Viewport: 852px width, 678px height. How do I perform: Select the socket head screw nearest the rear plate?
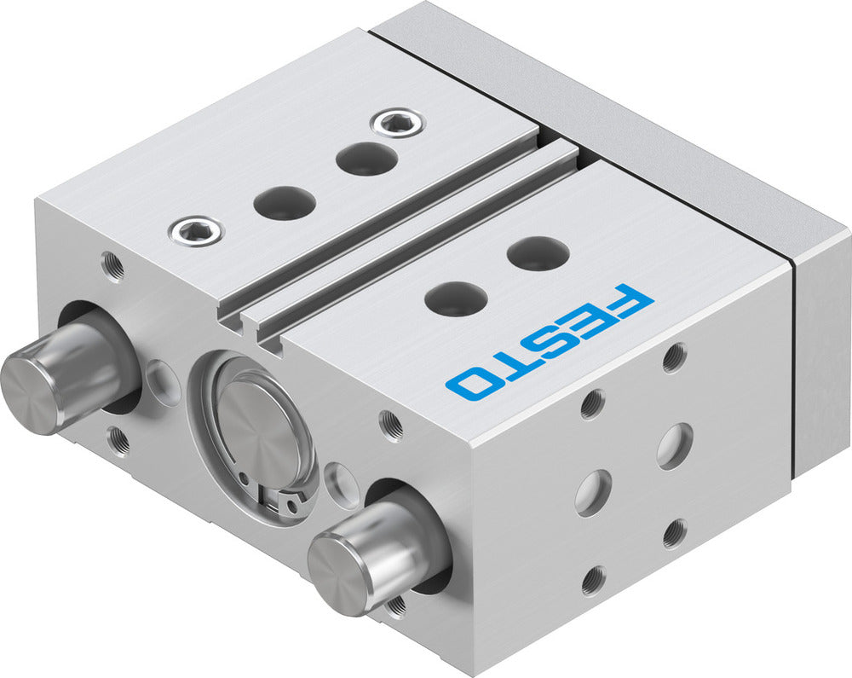click(x=395, y=123)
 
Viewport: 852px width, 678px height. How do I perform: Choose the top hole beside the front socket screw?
click(x=284, y=202)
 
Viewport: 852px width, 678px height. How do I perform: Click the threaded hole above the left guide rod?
click(x=112, y=266)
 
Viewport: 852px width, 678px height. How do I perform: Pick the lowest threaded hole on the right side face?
click(x=591, y=580)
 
